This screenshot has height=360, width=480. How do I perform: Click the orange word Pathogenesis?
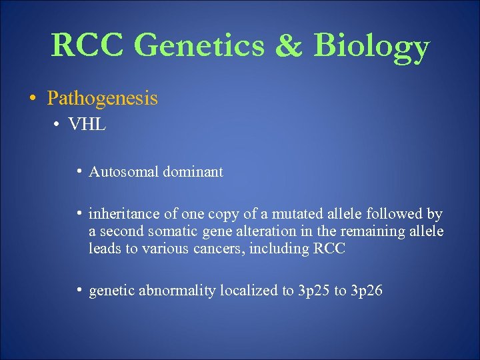(x=102, y=99)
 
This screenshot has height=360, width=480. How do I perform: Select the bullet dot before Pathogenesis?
(x=33, y=99)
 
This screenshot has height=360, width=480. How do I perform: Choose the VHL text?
(x=87, y=124)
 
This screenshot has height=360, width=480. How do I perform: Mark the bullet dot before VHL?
(x=59, y=125)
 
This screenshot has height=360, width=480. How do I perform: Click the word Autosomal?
(x=121, y=172)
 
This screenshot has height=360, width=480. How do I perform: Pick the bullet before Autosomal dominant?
(x=79, y=171)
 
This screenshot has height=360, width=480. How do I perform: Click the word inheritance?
(x=122, y=214)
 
